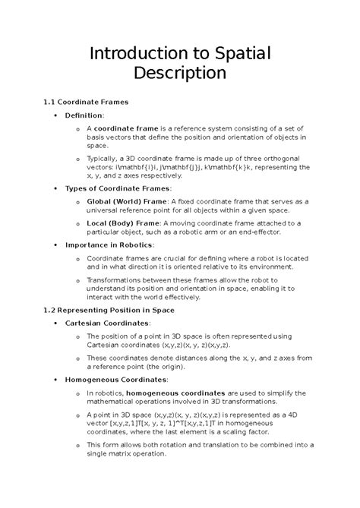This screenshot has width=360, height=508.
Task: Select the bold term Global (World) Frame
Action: click(x=132, y=201)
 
